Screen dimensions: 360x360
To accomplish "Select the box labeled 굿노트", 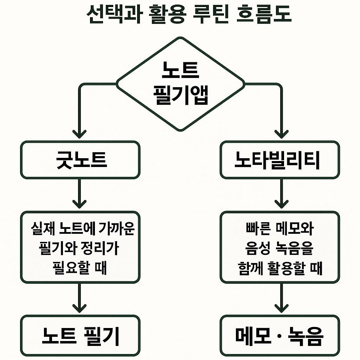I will (x=80, y=160).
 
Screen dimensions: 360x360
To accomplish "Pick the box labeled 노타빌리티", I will (x=280, y=160).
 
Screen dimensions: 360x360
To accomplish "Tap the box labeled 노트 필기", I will (x=80, y=336).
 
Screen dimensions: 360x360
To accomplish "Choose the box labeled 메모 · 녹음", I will (x=280, y=336).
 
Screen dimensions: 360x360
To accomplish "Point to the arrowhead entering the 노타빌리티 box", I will (x=281, y=134).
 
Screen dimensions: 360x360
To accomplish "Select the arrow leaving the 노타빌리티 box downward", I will (x=281, y=193).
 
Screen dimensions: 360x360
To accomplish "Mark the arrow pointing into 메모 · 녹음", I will (x=281, y=299).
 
